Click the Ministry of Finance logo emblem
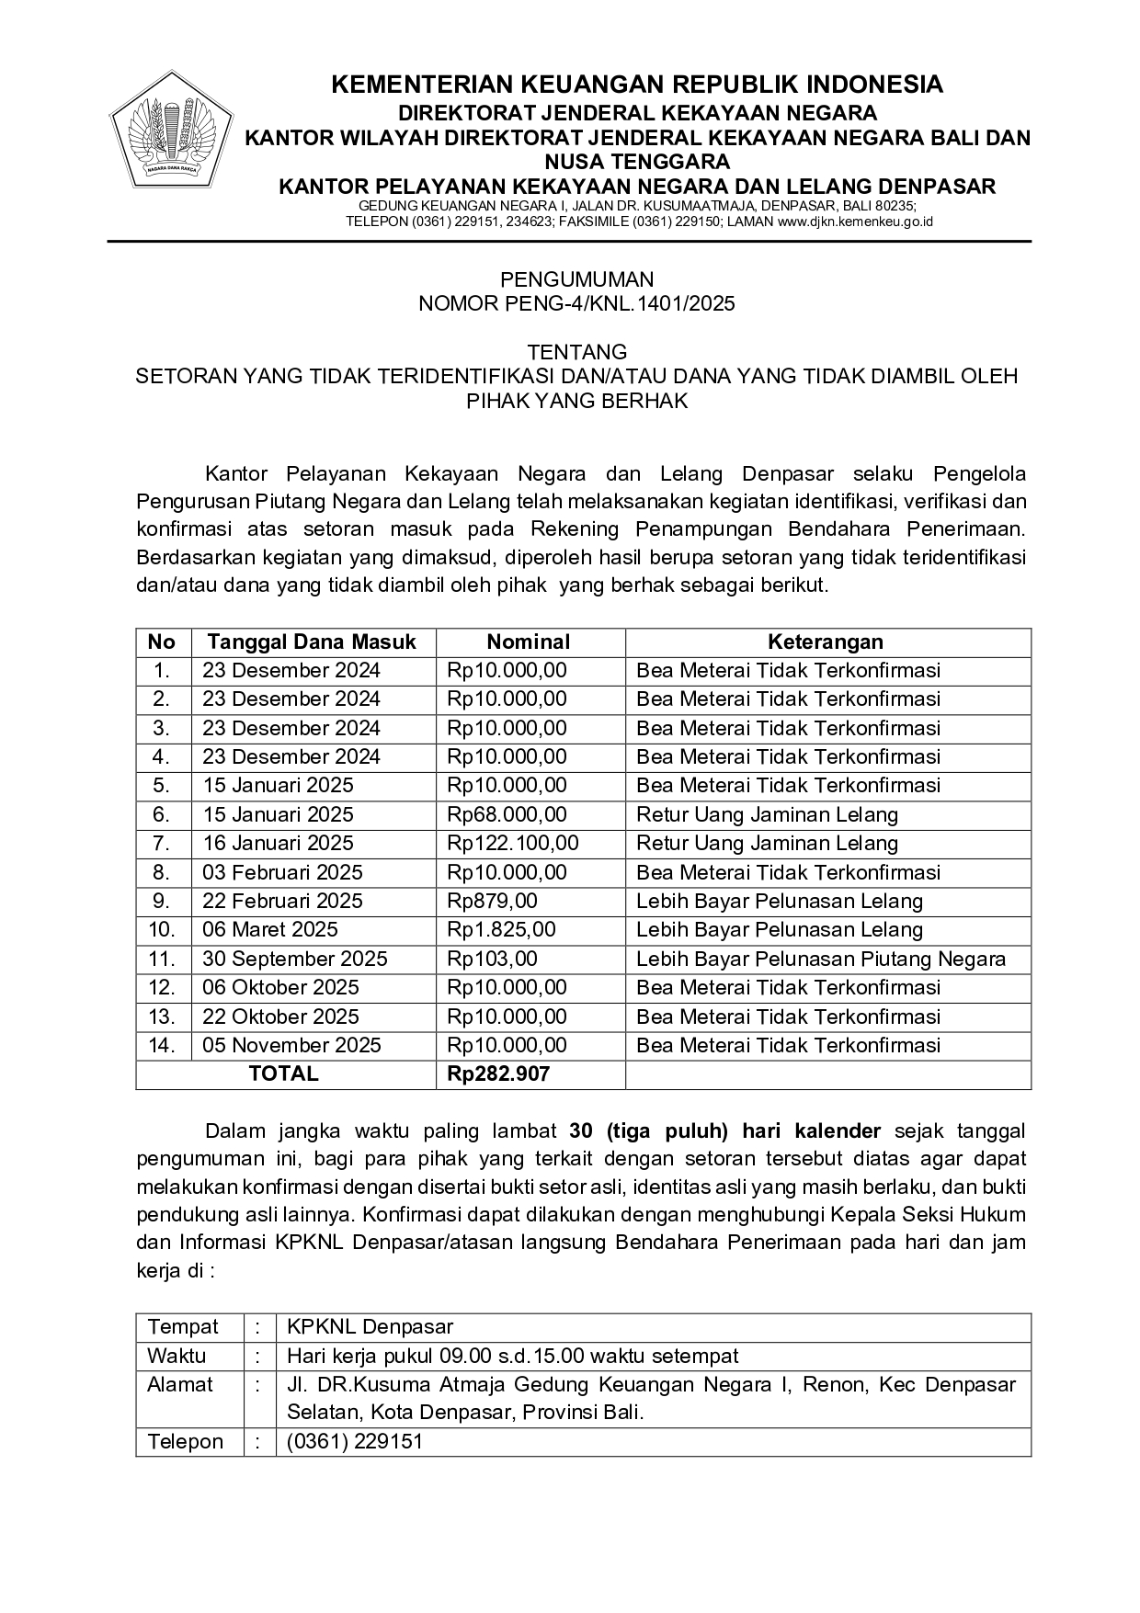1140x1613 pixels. click(x=171, y=130)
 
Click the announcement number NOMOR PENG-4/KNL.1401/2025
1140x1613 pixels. click(x=576, y=303)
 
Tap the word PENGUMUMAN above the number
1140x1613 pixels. click(x=576, y=279)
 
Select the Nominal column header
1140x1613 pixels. click(x=528, y=642)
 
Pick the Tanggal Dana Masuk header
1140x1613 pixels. click(x=311, y=642)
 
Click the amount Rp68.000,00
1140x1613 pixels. click(x=507, y=814)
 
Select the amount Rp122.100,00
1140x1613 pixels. click(x=512, y=843)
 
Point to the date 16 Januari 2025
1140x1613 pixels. click(x=278, y=843)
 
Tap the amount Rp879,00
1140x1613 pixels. click(x=492, y=901)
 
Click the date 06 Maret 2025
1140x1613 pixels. click(x=269, y=929)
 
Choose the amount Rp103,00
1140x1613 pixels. click(x=492, y=959)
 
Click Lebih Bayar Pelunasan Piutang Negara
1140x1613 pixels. click(x=820, y=959)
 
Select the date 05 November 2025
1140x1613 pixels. click(x=291, y=1045)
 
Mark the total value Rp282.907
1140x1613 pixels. click(x=497, y=1073)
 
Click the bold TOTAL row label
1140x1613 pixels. click(x=283, y=1073)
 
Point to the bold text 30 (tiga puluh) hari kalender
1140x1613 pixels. click(x=724, y=1131)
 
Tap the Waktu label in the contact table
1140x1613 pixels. click(x=177, y=1356)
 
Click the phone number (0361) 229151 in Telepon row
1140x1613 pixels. click(x=354, y=1441)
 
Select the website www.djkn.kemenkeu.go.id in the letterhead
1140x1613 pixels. click(x=855, y=222)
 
